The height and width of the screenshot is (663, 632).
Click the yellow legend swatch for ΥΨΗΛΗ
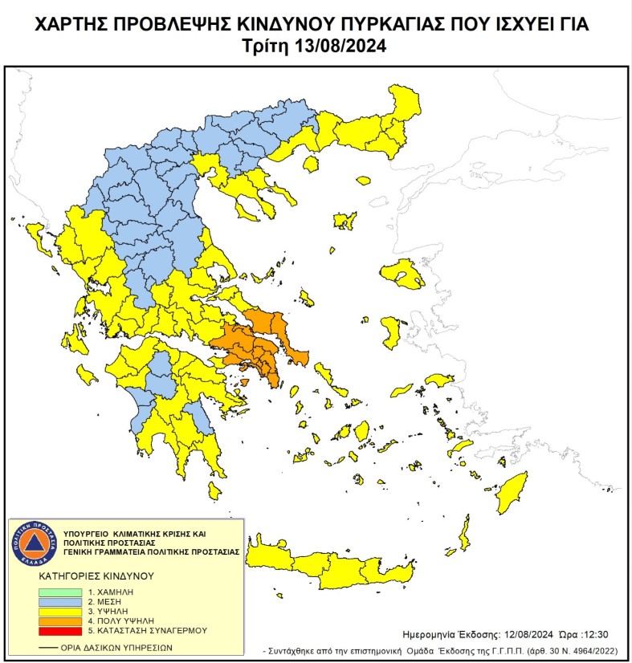[59, 611]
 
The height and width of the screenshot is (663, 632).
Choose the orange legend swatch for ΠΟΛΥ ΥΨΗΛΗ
[59, 620]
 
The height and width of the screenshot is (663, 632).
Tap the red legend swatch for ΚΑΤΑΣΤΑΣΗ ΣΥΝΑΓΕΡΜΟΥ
[59, 631]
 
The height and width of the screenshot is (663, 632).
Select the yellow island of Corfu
[37, 238]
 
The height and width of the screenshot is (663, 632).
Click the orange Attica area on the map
[257, 345]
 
